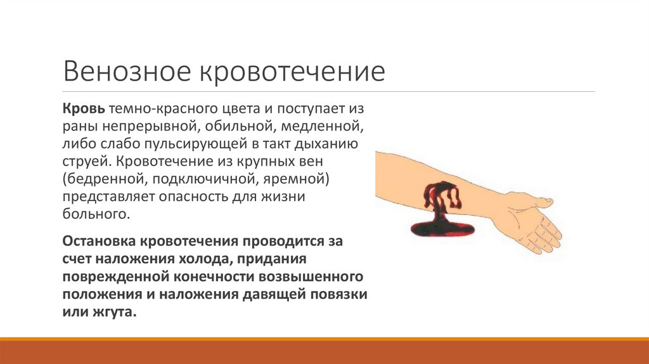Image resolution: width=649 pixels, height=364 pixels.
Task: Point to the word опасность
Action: (x=190, y=197)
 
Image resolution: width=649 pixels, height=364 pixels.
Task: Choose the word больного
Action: (x=95, y=214)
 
